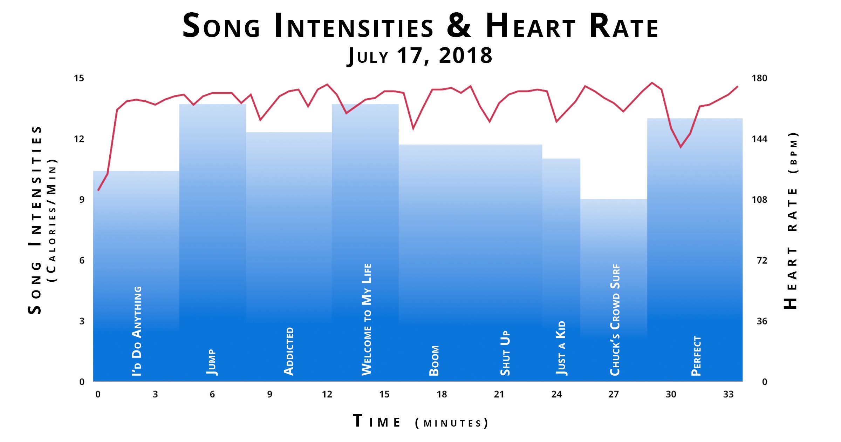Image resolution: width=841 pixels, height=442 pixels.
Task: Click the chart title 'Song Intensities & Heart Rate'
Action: pyautogui.click(x=420, y=26)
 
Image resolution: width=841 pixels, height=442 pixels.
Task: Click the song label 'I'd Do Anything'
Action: pyautogui.click(x=137, y=331)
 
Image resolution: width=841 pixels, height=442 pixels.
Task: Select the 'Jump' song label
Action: pyautogui.click(x=211, y=362)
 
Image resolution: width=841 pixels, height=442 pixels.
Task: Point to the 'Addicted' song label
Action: pyautogui.click(x=289, y=351)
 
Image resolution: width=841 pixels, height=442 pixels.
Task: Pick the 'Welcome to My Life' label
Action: pyautogui.click(x=367, y=319)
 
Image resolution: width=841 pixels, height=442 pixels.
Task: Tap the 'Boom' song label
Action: pyautogui.click(x=434, y=361)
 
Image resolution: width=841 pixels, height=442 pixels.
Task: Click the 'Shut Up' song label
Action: pyautogui.click(x=505, y=353)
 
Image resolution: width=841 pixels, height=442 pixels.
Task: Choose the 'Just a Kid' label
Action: pyautogui.click(x=561, y=348)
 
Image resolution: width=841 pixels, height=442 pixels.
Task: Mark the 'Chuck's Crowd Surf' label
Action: pyautogui.click(x=615, y=320)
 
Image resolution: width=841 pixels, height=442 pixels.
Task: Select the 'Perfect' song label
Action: pyautogui.click(x=696, y=356)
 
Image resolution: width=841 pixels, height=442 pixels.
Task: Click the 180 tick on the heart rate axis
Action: pyautogui.click(x=759, y=78)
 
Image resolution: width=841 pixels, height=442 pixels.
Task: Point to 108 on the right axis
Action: pyautogui.click(x=759, y=200)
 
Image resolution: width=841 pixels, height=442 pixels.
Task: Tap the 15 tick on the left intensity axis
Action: pyautogui.click(x=79, y=78)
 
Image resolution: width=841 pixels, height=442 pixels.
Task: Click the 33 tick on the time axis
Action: pyautogui.click(x=728, y=394)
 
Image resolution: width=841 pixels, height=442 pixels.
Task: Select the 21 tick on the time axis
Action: pyautogui.click(x=499, y=394)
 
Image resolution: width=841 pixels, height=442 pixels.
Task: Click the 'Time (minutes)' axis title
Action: pyautogui.click(x=420, y=422)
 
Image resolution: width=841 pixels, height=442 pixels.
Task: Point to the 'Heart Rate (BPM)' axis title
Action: pyautogui.click(x=792, y=221)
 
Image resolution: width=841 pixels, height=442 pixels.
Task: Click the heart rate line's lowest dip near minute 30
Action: pyautogui.click(x=681, y=147)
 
